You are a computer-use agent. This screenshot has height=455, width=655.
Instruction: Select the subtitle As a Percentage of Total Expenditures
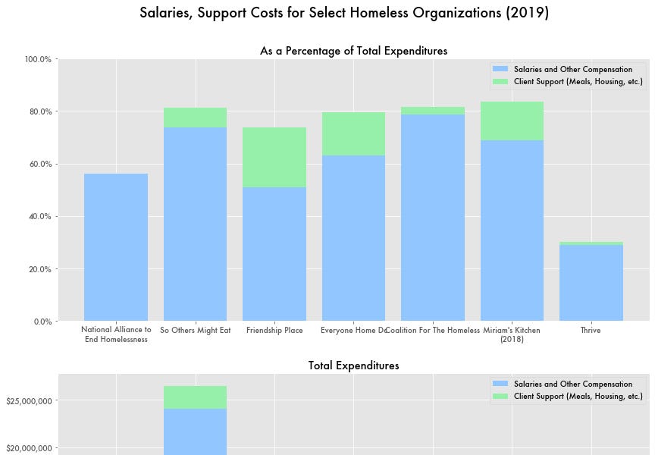tap(353, 51)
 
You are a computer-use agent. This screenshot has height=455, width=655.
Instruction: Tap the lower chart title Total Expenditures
tap(353, 366)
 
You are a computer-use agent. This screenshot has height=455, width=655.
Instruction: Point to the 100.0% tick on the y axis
tap(37, 59)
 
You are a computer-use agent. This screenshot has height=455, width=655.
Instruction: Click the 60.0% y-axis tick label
tap(37, 164)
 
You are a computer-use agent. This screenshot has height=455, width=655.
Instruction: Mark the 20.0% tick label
tap(37, 269)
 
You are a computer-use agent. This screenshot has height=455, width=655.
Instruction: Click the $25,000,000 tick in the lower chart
tap(28, 400)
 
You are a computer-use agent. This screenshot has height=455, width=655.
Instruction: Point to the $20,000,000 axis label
tap(28, 448)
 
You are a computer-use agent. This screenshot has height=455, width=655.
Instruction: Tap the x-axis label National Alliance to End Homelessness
tap(116, 334)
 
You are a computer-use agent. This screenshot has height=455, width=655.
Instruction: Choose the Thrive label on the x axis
tap(591, 331)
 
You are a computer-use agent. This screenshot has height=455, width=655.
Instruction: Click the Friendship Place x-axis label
tap(274, 331)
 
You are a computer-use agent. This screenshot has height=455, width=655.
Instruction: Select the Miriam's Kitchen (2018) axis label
tap(512, 334)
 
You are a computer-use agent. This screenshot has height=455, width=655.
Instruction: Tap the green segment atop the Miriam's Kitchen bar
tap(512, 121)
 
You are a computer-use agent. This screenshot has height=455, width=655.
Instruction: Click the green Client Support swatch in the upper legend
tap(500, 81)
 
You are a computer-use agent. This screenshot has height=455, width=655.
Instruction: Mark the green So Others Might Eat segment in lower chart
tap(195, 397)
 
